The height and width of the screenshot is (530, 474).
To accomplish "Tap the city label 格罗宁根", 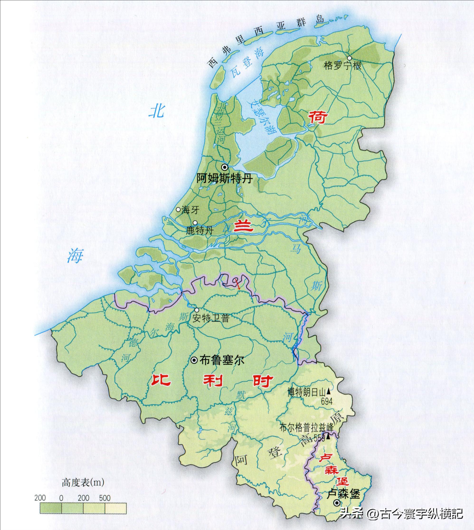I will [342, 66].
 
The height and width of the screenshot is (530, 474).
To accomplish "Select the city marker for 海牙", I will [178, 209].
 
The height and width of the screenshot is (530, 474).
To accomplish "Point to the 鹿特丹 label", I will [200, 231].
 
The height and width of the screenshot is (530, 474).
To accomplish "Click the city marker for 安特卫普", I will [197, 310].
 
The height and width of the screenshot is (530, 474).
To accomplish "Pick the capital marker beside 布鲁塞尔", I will [194, 360].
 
